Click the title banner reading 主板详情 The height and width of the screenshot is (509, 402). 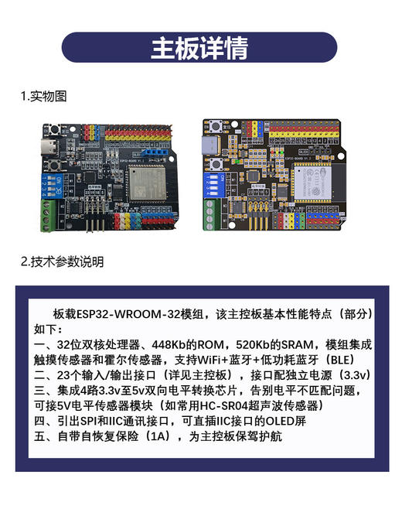tap(199, 47)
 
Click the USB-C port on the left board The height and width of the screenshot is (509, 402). tap(47, 149)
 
